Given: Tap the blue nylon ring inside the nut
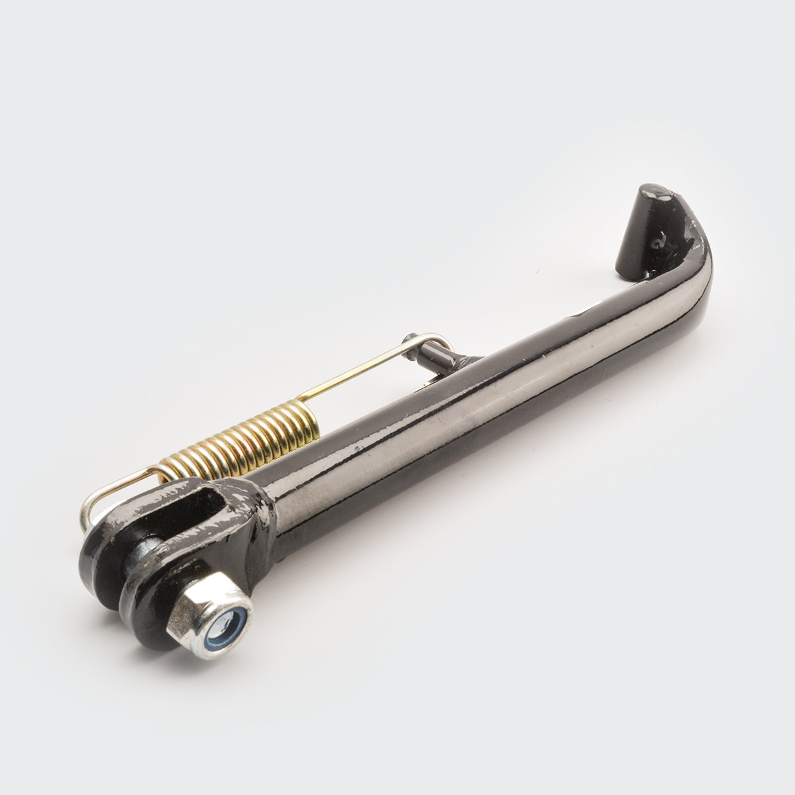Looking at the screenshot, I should (x=227, y=619).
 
